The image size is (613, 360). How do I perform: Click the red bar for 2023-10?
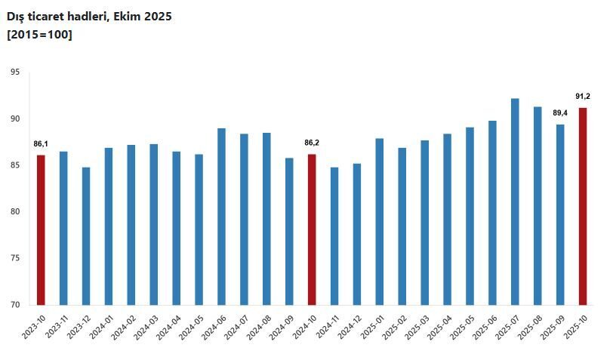[x=41, y=230]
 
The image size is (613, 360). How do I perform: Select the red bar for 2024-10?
[x=312, y=229]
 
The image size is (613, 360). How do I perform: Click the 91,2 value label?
[x=583, y=97]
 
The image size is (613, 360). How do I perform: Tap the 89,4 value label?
[x=560, y=113]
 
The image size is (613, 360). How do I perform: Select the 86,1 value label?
[x=41, y=143]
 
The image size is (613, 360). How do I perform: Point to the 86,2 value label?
[x=312, y=142]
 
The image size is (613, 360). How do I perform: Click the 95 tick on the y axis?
[x=15, y=72]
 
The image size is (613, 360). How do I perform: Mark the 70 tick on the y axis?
[x=15, y=305]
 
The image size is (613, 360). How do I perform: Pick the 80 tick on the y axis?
[x=15, y=212]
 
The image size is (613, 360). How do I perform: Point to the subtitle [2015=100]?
[x=39, y=34]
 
